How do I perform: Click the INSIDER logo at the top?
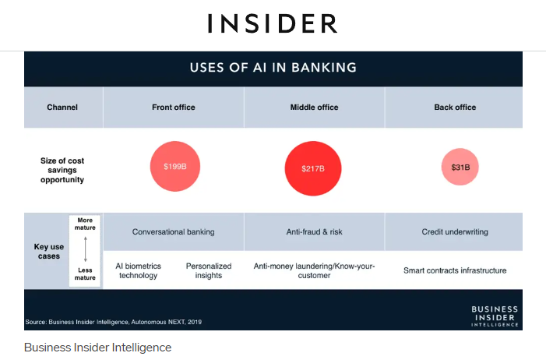(x=273, y=23)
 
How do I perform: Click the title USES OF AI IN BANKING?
(x=273, y=68)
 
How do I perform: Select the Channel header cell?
(x=63, y=108)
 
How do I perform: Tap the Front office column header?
(x=174, y=108)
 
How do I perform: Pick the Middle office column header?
(x=314, y=108)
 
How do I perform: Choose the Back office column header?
(x=454, y=108)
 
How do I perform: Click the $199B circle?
(x=175, y=166)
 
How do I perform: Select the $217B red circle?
(x=313, y=168)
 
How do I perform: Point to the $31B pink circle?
(x=460, y=167)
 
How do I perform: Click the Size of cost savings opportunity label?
(x=62, y=170)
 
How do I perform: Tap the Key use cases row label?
(x=49, y=251)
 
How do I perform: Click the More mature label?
(x=85, y=224)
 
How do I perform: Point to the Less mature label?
(x=85, y=274)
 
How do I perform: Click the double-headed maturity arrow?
(x=86, y=249)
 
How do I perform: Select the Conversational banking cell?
(x=174, y=231)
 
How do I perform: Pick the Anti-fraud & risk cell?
(x=314, y=231)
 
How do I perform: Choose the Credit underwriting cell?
(x=454, y=231)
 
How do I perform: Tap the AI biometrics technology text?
(x=138, y=271)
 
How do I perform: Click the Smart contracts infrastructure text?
(x=455, y=270)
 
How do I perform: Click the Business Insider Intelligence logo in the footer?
(x=495, y=316)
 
